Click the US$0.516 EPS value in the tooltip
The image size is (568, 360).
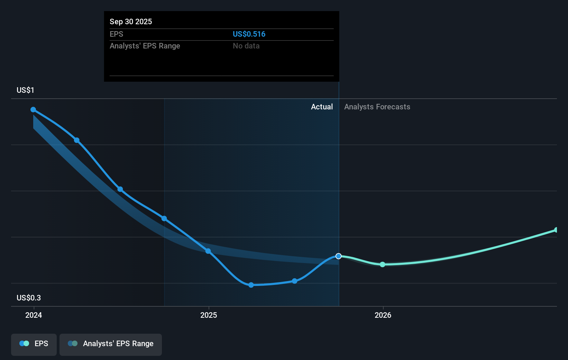point(249,34)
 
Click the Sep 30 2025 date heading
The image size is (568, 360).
point(131,21)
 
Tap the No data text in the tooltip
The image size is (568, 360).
point(246,46)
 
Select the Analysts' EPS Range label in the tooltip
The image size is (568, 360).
point(145,46)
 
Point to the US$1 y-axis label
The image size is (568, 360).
point(25,90)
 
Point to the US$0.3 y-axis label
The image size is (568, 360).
point(28,298)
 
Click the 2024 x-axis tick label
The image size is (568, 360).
point(34,315)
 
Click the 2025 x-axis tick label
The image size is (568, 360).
point(209,315)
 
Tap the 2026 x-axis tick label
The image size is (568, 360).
point(383,315)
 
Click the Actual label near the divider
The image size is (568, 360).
point(322,107)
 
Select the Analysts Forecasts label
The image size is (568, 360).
point(377,107)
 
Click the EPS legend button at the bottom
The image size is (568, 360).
point(34,344)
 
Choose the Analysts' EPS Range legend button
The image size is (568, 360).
point(111,344)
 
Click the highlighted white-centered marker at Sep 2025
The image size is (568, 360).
point(339,256)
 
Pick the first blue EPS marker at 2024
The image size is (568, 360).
point(33,109)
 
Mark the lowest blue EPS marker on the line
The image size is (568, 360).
point(251,285)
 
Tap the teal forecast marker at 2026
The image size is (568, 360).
point(383,264)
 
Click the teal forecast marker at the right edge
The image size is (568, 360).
point(556,230)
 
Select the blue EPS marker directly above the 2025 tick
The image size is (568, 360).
point(208,251)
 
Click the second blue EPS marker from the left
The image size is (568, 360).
point(77,140)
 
